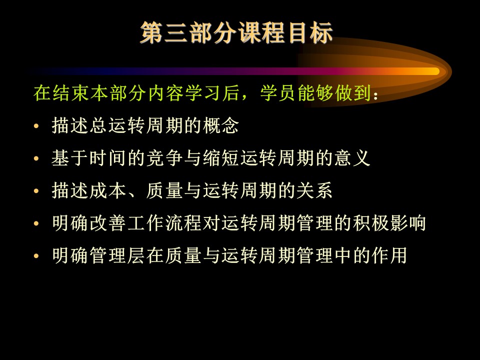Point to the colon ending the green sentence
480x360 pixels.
376,95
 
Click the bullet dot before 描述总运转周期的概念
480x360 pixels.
36,126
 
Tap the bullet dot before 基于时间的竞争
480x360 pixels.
36,158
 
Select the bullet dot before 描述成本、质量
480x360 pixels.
36,190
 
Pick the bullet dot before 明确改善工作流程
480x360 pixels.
36,223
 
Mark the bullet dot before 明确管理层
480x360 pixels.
36,255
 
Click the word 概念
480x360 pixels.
220,125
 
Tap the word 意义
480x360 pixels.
352,158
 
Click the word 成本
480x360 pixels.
108,190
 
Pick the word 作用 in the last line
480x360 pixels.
389,255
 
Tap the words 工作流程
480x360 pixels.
164,223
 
